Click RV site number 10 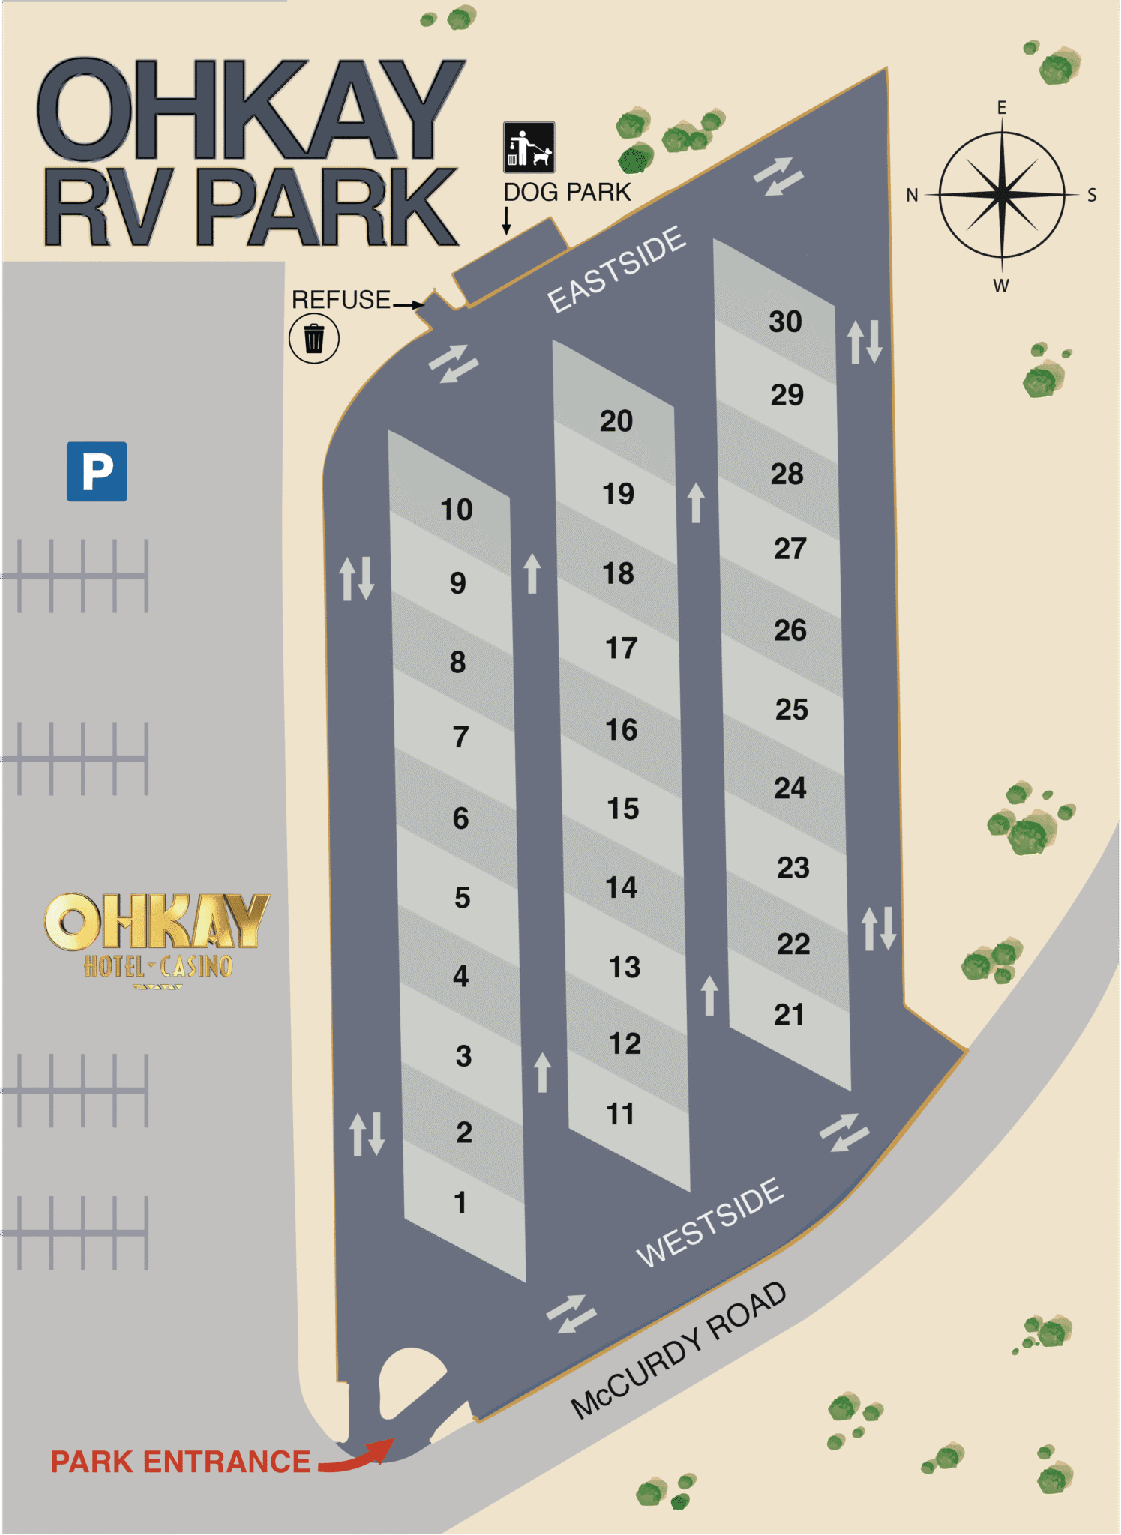click(x=456, y=510)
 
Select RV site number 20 click(x=616, y=421)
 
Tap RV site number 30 click(x=785, y=322)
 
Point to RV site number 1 click(x=460, y=1202)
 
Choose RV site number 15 click(x=622, y=809)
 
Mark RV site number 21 click(x=789, y=1014)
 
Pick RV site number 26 click(x=790, y=630)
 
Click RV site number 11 click(x=620, y=1114)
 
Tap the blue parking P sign click(x=97, y=471)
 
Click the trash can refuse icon click(x=314, y=338)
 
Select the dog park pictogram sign click(x=529, y=147)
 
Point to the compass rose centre click(x=1002, y=194)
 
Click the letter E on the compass click(x=1001, y=108)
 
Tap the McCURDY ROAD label click(x=679, y=1349)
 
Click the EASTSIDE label click(x=616, y=268)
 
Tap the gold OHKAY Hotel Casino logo click(x=157, y=937)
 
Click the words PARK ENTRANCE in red click(x=180, y=1462)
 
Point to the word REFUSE click(x=341, y=300)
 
